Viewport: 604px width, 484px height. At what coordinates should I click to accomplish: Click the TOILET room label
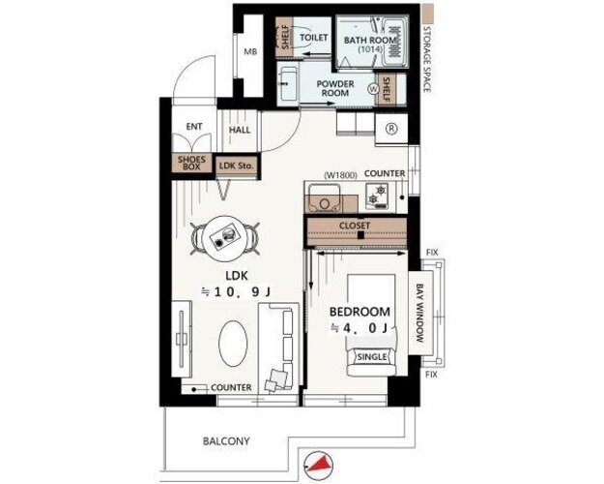(x=313, y=38)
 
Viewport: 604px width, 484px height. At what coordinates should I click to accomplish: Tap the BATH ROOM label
(x=370, y=40)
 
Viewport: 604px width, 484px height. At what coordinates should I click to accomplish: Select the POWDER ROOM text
(x=335, y=88)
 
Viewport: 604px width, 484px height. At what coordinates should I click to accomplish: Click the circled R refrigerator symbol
(x=391, y=129)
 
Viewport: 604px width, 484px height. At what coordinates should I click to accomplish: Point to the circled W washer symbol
(x=373, y=89)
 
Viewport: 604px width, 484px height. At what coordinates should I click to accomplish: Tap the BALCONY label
(x=226, y=440)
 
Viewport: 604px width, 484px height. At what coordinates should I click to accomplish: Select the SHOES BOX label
(x=191, y=163)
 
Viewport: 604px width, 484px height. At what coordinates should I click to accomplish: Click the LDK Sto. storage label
(x=236, y=166)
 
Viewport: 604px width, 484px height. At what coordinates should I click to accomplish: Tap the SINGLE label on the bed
(x=372, y=357)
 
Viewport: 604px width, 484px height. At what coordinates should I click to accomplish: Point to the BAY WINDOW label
(x=419, y=314)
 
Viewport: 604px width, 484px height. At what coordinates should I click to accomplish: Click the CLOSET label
(x=355, y=226)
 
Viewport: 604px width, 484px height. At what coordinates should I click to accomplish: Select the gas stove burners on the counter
(x=377, y=195)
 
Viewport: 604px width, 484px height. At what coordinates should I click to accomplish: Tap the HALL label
(x=240, y=130)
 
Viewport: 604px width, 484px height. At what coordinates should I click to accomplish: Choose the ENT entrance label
(x=194, y=127)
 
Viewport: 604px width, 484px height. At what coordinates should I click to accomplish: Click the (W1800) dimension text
(x=340, y=175)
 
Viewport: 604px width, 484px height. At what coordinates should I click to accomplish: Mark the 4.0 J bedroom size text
(x=359, y=328)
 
